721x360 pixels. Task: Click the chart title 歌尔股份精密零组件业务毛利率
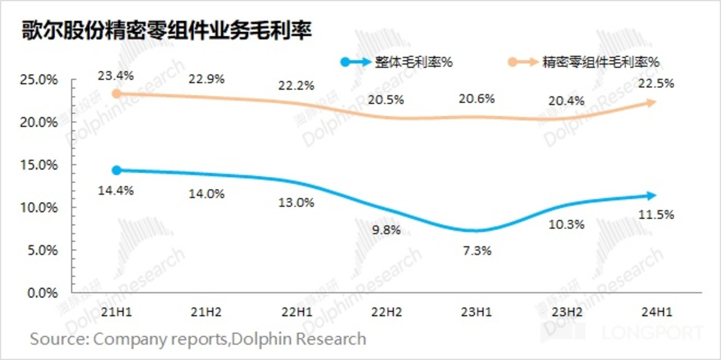tap(166, 31)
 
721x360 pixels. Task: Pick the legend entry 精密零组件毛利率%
tap(601, 62)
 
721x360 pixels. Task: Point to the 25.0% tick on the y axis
tap(39, 80)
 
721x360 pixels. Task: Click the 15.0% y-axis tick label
tap(39, 165)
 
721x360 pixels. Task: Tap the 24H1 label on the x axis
tap(655, 312)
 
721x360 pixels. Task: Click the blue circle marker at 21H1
tap(117, 170)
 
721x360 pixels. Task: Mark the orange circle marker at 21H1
tap(117, 93)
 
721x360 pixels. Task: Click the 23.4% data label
tap(117, 75)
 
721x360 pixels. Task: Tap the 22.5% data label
tap(656, 83)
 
